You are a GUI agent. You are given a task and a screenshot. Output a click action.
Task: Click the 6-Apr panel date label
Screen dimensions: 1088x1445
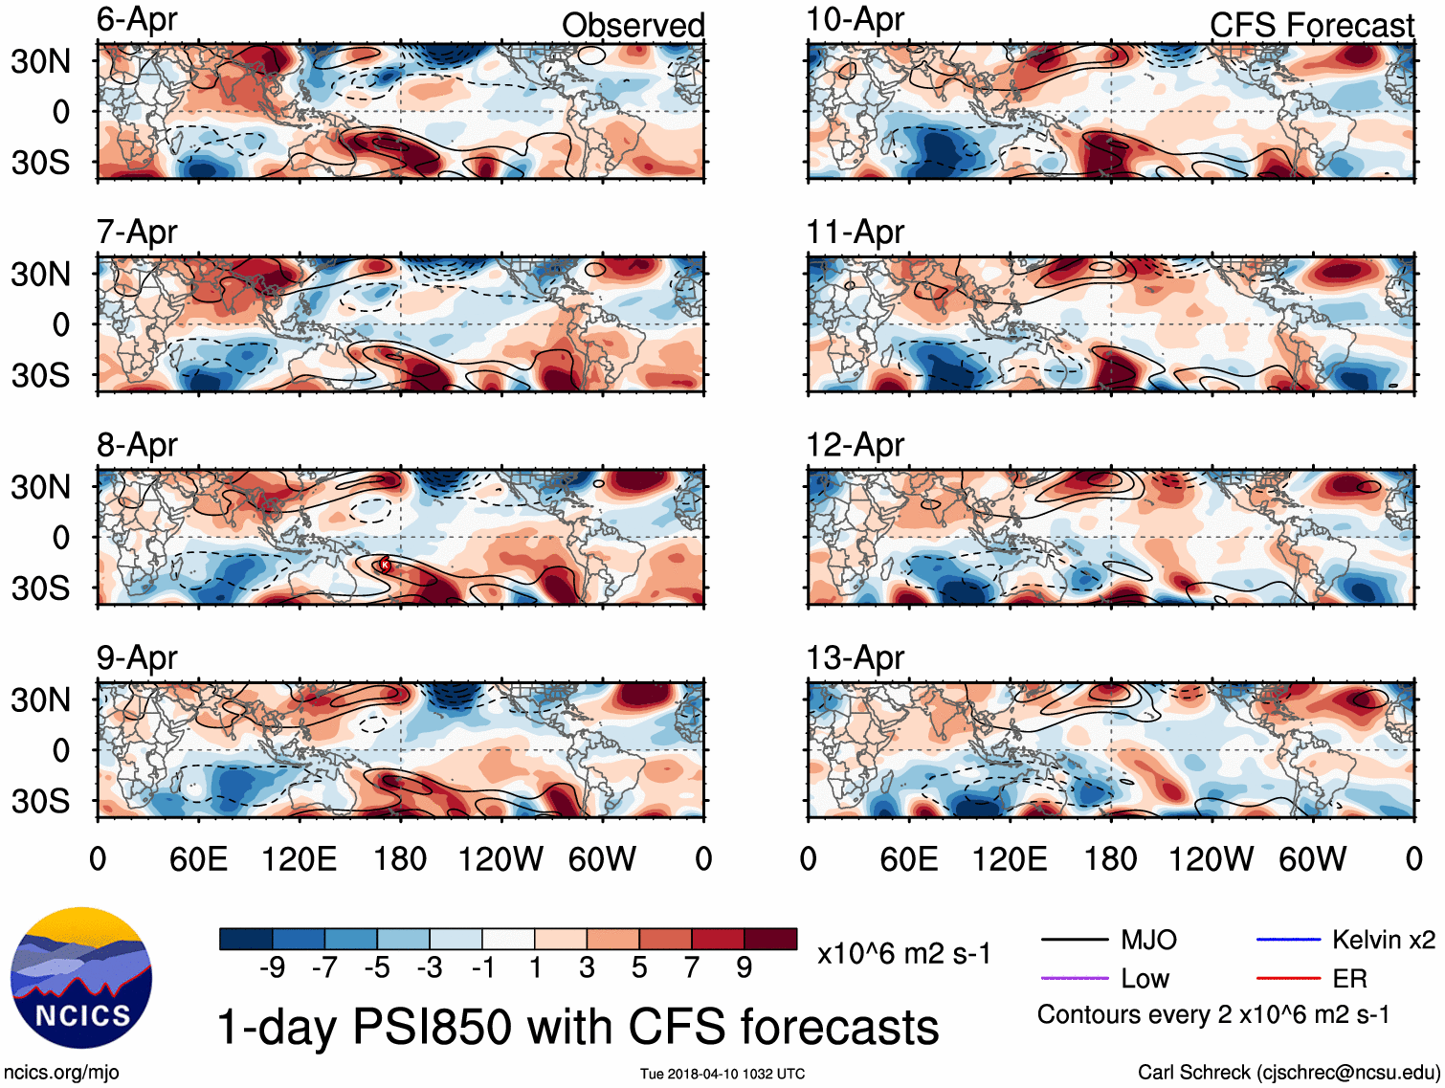(137, 19)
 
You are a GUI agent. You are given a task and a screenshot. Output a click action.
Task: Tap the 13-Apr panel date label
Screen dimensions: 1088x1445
(856, 657)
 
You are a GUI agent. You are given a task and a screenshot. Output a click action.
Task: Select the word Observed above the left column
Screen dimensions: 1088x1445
(633, 25)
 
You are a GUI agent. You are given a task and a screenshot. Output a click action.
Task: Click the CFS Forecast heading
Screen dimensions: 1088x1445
(1311, 25)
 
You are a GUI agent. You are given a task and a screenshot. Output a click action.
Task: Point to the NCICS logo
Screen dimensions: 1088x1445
(81, 977)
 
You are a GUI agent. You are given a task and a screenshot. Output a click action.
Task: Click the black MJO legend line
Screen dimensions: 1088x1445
(1074, 940)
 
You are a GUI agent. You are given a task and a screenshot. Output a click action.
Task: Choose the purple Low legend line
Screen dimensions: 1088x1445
(1074, 979)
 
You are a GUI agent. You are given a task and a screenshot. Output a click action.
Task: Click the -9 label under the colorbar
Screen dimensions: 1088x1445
(272, 967)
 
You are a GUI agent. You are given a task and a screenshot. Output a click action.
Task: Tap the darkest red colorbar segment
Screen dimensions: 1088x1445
(770, 939)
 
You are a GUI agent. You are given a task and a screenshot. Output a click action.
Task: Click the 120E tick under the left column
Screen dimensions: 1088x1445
(300, 858)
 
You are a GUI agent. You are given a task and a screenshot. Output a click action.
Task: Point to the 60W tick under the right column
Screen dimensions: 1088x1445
(1313, 858)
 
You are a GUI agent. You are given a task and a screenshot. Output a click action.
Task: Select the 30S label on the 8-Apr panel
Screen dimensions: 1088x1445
(41, 588)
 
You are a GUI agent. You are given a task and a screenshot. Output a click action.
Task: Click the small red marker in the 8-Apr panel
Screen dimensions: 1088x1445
(385, 565)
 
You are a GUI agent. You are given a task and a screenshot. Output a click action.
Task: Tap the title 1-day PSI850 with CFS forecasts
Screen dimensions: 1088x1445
(578, 1027)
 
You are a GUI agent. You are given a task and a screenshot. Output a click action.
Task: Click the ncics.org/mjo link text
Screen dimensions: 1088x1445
(61, 1073)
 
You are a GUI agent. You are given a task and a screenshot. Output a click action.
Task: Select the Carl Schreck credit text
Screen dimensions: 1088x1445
(1288, 1073)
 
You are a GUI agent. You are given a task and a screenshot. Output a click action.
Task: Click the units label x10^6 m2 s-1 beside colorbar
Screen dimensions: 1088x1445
(903, 953)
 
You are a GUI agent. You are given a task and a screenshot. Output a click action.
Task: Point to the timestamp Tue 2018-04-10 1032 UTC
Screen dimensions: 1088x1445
(722, 1074)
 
